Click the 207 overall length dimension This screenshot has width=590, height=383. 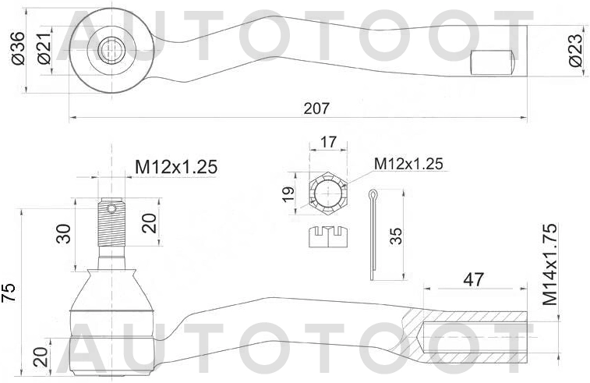coord(316,108)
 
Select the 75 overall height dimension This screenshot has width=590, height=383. coord(9,291)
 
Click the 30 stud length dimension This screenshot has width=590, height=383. coord(64,232)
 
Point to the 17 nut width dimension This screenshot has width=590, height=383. coord(327,143)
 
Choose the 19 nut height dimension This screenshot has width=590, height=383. coord(288,194)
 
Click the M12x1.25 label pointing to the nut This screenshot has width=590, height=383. coord(408,164)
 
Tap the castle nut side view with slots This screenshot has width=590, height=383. coord(328,236)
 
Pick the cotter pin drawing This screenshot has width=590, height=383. coord(374,234)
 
